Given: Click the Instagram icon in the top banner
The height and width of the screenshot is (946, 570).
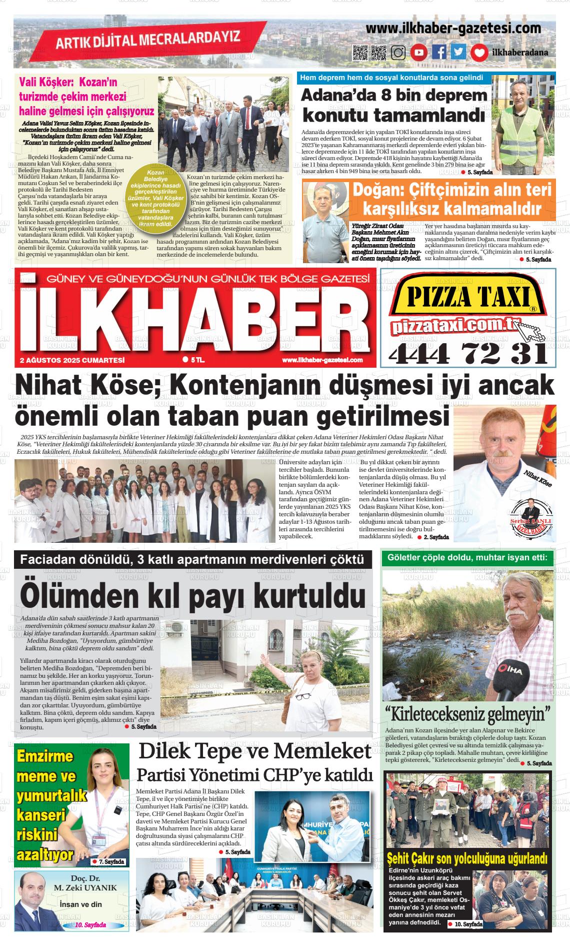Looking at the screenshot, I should tap(398, 53).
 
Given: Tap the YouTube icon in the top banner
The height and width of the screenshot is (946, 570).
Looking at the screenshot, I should tap(418, 53).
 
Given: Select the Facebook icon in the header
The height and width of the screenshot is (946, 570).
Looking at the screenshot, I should tap(439, 52).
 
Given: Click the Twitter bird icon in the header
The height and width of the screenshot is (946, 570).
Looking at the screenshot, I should tap(458, 52).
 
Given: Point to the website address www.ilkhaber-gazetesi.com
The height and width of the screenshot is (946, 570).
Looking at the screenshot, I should tap(453, 29).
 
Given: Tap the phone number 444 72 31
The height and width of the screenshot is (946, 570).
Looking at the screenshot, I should tap(468, 354).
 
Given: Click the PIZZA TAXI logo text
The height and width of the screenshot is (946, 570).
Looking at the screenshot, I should tap(468, 299).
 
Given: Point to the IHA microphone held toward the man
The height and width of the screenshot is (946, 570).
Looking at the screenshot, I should tap(507, 678).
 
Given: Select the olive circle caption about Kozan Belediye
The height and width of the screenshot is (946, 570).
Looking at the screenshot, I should tap(154, 198).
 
